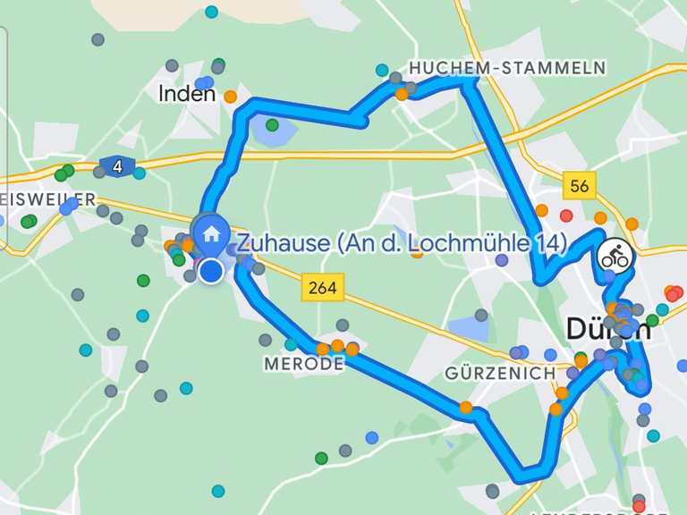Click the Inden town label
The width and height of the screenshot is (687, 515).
186,93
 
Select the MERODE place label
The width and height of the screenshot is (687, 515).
304,365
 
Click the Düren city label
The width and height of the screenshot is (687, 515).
608,329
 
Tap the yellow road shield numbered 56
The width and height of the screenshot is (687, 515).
580,186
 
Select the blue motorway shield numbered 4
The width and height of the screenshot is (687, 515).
116,166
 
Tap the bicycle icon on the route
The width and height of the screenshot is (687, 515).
615,256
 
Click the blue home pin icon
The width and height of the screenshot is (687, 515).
212,234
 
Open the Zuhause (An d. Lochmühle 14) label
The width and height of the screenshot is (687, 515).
402,243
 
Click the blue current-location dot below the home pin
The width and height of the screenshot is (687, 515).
211,271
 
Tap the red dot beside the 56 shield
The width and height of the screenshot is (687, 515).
565,215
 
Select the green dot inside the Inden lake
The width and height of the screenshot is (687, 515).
272,125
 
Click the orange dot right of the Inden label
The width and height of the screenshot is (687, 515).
230,97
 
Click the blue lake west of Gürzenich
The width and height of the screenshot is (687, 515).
469,327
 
